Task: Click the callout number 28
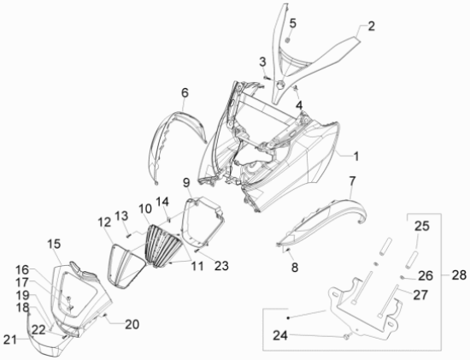point(459,275)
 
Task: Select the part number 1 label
point(355,156)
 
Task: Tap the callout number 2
point(371,27)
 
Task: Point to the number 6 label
point(185,92)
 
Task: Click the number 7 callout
point(352,181)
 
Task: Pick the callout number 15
point(54,244)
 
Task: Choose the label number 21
point(10,339)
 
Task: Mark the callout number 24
point(280,335)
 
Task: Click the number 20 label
point(132,324)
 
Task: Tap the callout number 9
point(186,182)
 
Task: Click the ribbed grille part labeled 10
point(164,245)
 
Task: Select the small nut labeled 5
point(287,40)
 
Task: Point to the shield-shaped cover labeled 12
point(126,267)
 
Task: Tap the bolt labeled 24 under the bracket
point(347,337)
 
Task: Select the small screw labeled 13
point(129,235)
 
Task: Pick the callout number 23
point(221,266)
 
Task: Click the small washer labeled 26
point(403,277)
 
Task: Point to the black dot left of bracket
point(288,318)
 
